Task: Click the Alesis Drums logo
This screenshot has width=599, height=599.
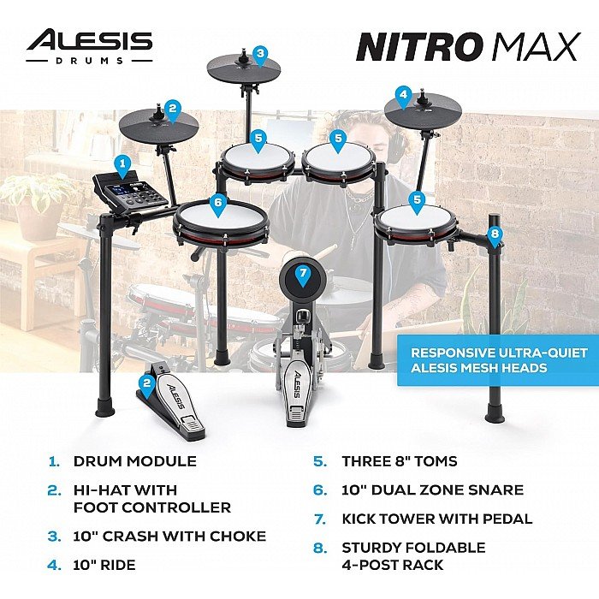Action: [89, 46]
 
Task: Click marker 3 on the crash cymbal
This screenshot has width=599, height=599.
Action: [260, 56]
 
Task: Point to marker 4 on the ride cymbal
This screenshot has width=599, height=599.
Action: [403, 97]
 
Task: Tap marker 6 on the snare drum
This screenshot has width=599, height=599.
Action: [217, 205]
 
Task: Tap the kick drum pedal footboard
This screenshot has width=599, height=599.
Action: [299, 396]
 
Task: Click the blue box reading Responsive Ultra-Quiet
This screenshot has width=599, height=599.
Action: [498, 360]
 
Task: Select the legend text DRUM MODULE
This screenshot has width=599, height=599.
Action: [135, 461]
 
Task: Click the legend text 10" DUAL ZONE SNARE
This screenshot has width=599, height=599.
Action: [432, 489]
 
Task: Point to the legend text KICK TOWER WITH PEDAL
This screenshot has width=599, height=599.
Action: [437, 519]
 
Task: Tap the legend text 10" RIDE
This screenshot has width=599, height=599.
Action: [104, 565]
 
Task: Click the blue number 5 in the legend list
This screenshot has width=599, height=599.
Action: [320, 461]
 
